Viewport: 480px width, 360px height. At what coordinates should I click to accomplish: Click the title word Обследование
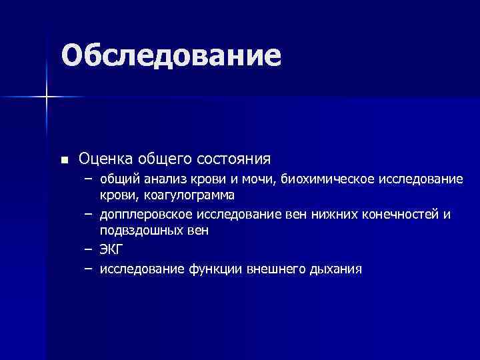[x=171, y=56]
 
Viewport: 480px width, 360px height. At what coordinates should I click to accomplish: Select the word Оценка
[x=106, y=159]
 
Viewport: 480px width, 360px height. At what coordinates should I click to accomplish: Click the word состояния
[x=233, y=159]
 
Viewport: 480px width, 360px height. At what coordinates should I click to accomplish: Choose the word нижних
[x=334, y=215]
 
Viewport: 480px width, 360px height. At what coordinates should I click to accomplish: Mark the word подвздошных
[x=141, y=230]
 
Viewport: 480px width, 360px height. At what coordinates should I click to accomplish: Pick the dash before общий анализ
[x=88, y=180]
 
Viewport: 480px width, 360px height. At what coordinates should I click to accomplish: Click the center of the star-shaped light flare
[x=46, y=97]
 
